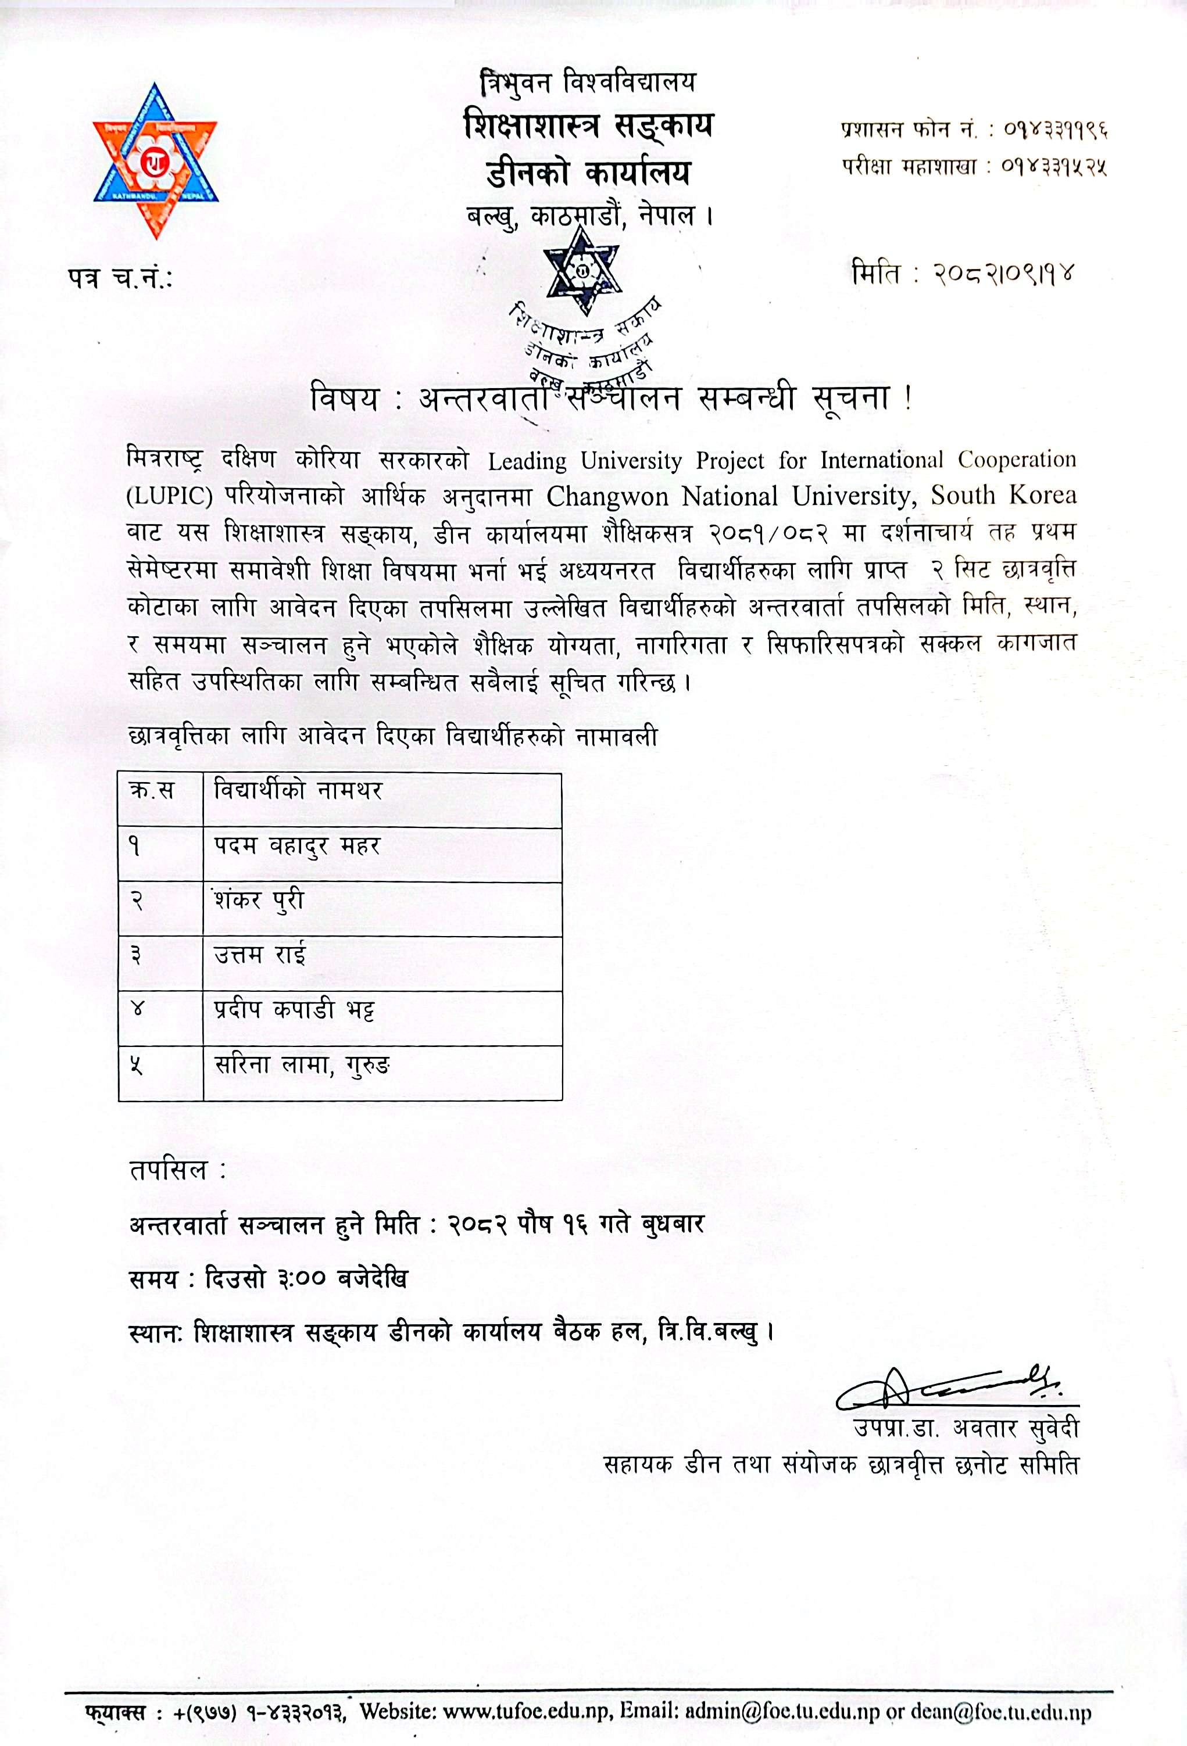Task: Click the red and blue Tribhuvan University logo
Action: (155, 161)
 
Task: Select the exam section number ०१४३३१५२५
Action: (1056, 167)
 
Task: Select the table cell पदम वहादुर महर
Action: (297, 847)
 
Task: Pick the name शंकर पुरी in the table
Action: (259, 901)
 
